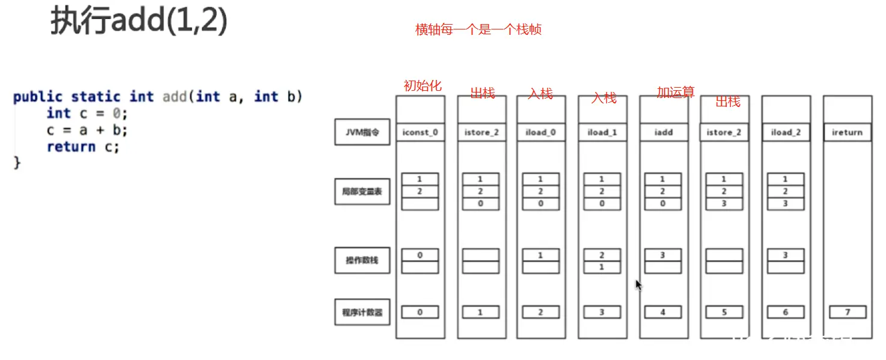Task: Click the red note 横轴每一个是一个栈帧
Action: point(478,29)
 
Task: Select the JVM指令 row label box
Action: point(362,132)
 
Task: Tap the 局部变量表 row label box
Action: point(362,192)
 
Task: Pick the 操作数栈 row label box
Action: point(362,261)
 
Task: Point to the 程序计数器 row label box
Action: point(362,313)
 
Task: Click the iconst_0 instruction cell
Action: point(420,132)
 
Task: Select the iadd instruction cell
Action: point(664,132)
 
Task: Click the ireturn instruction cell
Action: point(848,132)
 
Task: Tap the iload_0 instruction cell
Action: point(541,132)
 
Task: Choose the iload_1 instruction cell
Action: point(602,132)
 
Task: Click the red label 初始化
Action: point(422,86)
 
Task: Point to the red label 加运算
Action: point(676,92)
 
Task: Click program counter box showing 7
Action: point(848,313)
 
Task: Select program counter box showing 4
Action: point(663,313)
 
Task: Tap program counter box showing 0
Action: point(420,313)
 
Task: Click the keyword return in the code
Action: point(71,147)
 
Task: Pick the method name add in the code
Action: point(175,97)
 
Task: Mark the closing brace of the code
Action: point(17,162)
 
